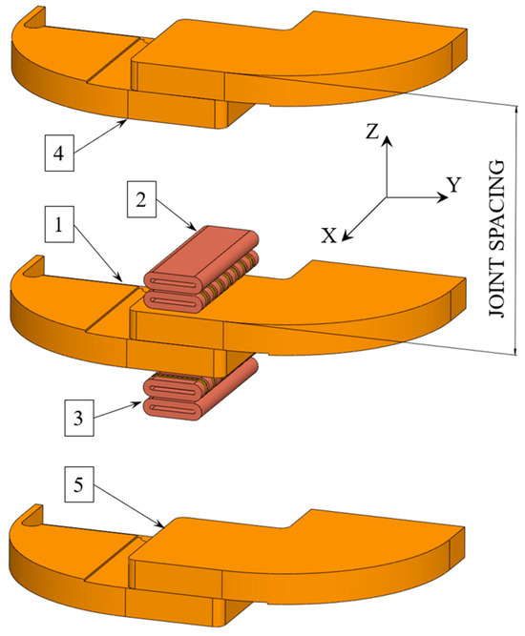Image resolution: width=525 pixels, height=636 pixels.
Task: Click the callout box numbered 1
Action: click(59, 224)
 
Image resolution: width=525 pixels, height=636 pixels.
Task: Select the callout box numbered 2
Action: click(141, 199)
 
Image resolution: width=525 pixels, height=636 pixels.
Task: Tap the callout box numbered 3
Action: click(79, 418)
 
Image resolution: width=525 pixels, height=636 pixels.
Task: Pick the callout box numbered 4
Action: click(59, 153)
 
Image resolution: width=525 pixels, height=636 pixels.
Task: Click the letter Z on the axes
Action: click(372, 132)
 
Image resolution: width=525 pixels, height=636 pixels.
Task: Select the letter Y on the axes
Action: click(454, 185)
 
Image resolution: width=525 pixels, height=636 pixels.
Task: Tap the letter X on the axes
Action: click(329, 236)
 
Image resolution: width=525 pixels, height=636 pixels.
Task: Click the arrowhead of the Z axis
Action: click(387, 141)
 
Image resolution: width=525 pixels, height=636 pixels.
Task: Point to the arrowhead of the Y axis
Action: click(441, 197)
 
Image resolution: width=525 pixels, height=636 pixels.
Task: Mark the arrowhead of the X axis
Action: click(346, 236)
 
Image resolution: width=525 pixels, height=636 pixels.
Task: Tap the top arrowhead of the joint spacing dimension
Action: click(516, 111)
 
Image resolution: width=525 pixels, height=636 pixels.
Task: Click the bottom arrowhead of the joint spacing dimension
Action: click(516, 350)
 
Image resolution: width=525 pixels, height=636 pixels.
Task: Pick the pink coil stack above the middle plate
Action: click(201, 270)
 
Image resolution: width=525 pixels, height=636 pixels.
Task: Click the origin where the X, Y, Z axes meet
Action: click(387, 197)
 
